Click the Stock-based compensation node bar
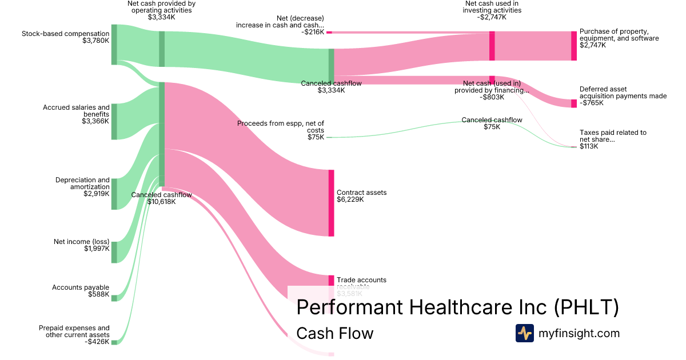pyautogui.click(x=114, y=45)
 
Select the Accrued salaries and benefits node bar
pyautogui.click(x=114, y=122)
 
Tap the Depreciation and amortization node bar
pyautogui.click(x=114, y=194)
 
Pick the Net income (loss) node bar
pyautogui.click(x=114, y=252)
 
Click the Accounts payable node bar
pyautogui.click(x=114, y=298)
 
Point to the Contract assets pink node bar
pyautogui.click(x=331, y=203)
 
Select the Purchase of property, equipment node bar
pyautogui.click(x=574, y=46)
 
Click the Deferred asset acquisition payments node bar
pyautogui.click(x=574, y=103)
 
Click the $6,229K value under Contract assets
pyautogui.click(x=350, y=199)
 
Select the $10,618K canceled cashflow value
pyautogui.click(x=161, y=202)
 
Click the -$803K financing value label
pyautogui.click(x=492, y=97)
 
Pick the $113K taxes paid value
pyautogui.click(x=588, y=146)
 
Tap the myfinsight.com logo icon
pyautogui.click(x=524, y=333)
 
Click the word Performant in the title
pyautogui.click(x=349, y=307)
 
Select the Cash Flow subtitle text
pyautogui.click(x=334, y=333)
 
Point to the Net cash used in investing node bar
pyautogui.click(x=492, y=46)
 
